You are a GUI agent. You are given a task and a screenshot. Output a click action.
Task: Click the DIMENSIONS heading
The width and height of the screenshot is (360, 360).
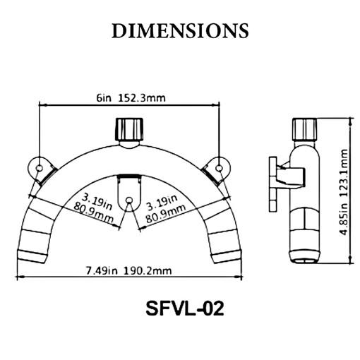[180, 31]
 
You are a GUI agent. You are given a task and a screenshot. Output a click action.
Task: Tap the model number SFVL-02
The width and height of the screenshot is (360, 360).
[185, 308]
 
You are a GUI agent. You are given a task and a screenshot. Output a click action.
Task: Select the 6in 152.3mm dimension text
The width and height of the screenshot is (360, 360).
[131, 97]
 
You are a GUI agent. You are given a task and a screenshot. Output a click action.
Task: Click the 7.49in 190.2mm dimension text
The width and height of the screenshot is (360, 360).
[128, 270]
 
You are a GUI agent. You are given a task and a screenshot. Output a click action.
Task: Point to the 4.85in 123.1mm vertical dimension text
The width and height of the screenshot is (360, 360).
[344, 192]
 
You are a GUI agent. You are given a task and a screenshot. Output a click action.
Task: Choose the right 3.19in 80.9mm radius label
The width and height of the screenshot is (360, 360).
[164, 209]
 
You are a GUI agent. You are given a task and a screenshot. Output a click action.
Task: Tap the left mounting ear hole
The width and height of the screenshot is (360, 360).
[40, 168]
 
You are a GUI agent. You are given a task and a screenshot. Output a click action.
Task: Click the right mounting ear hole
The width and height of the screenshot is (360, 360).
[219, 168]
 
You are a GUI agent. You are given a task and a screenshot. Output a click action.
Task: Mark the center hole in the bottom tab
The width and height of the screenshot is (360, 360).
[129, 200]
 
